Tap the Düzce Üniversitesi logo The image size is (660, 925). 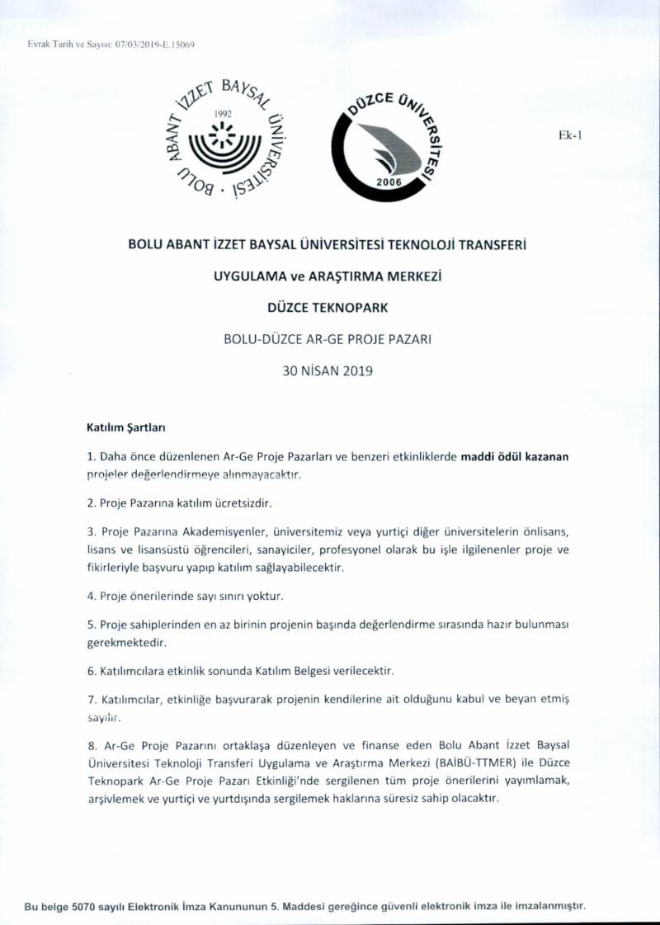(384, 139)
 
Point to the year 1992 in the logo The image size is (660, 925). (223, 113)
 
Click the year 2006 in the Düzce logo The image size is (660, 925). (387, 181)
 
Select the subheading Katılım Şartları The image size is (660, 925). (127, 428)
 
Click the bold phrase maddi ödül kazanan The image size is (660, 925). (516, 455)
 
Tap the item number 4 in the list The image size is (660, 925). (90, 595)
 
